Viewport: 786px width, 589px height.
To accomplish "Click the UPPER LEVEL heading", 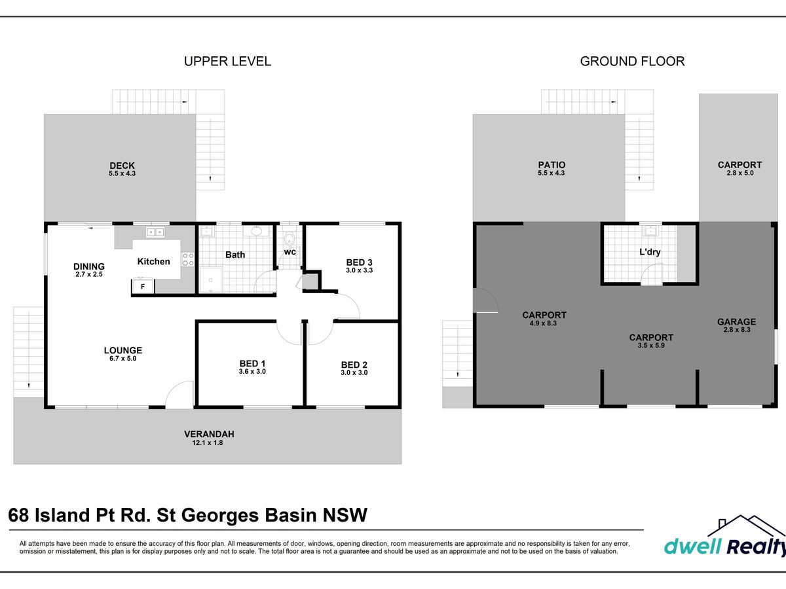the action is click(x=227, y=62).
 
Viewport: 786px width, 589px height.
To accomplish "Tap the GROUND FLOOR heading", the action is click(x=632, y=62).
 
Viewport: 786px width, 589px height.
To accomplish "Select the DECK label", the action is click(x=122, y=166).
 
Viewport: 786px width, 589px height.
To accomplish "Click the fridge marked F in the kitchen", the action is click(x=143, y=287).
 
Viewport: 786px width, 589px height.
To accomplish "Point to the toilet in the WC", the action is click(x=290, y=239).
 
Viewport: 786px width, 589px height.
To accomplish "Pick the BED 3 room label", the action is click(x=359, y=262).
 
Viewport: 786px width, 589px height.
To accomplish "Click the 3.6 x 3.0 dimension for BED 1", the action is click(x=252, y=372).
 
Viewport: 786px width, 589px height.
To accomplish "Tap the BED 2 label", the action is click(x=354, y=365).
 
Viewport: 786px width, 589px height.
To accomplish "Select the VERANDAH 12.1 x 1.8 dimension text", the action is click(x=208, y=443).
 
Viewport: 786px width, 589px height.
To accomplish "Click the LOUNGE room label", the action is click(x=123, y=351).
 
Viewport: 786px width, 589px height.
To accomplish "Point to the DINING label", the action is click(x=89, y=266).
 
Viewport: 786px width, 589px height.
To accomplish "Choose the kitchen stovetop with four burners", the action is click(x=188, y=260).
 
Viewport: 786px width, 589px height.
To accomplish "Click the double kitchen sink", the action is click(x=155, y=232).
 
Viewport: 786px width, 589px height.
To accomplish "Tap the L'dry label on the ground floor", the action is click(x=650, y=252).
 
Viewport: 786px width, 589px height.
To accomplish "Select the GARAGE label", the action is click(x=737, y=322).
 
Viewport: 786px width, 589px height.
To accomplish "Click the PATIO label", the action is click(x=552, y=165).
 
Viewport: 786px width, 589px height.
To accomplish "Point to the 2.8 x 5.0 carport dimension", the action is click(x=740, y=173).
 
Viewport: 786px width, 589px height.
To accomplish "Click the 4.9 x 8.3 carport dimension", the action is click(x=543, y=323).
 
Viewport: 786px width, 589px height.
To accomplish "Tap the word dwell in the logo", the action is click(x=692, y=546).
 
